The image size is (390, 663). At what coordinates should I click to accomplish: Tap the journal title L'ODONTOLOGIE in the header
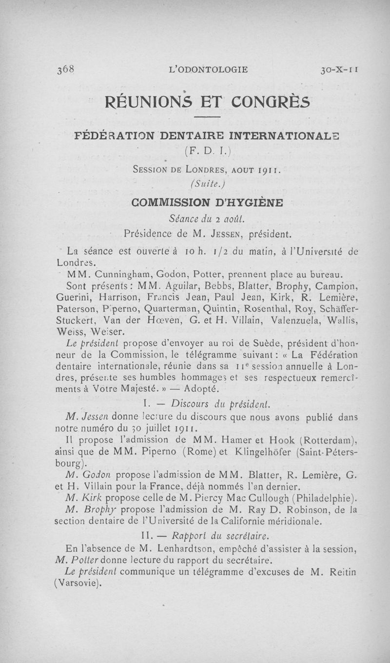[x=208, y=69]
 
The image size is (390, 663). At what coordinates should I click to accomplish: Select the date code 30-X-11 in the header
[x=339, y=69]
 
